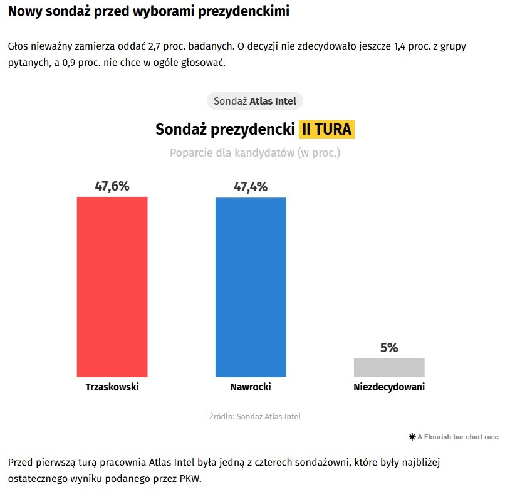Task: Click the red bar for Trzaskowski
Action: [112, 286]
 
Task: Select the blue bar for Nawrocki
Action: [251, 287]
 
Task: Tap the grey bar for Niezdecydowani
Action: [389, 367]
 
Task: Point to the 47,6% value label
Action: [112, 186]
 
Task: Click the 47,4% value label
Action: [251, 187]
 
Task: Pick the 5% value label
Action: [389, 348]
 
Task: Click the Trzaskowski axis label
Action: [112, 387]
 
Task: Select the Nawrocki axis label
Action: [251, 387]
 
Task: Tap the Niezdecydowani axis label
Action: [389, 387]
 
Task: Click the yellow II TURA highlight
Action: [326, 130]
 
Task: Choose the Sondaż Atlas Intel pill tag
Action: [255, 101]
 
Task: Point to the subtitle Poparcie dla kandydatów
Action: [255, 152]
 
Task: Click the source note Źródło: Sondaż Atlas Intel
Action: [255, 416]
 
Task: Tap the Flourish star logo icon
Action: [412, 437]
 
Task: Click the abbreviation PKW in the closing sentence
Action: [190, 479]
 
